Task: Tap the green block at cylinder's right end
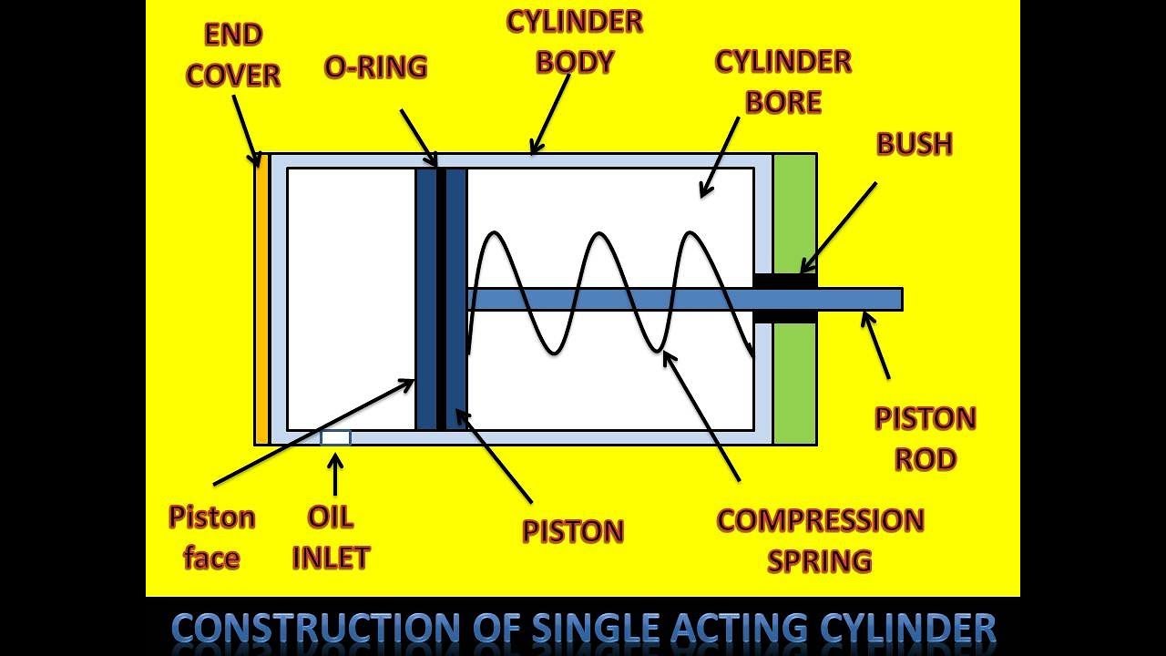(794, 383)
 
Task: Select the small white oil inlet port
(335, 437)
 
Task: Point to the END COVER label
(233, 56)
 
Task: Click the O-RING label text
(375, 67)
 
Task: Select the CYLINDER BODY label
(575, 42)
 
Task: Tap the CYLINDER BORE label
(782, 82)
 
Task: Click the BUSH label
(914, 144)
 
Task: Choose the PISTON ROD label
(925, 438)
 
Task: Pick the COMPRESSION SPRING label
(820, 539)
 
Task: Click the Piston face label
(211, 537)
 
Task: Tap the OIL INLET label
(331, 537)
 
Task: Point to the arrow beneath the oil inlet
(335, 473)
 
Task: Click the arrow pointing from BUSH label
(838, 228)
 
